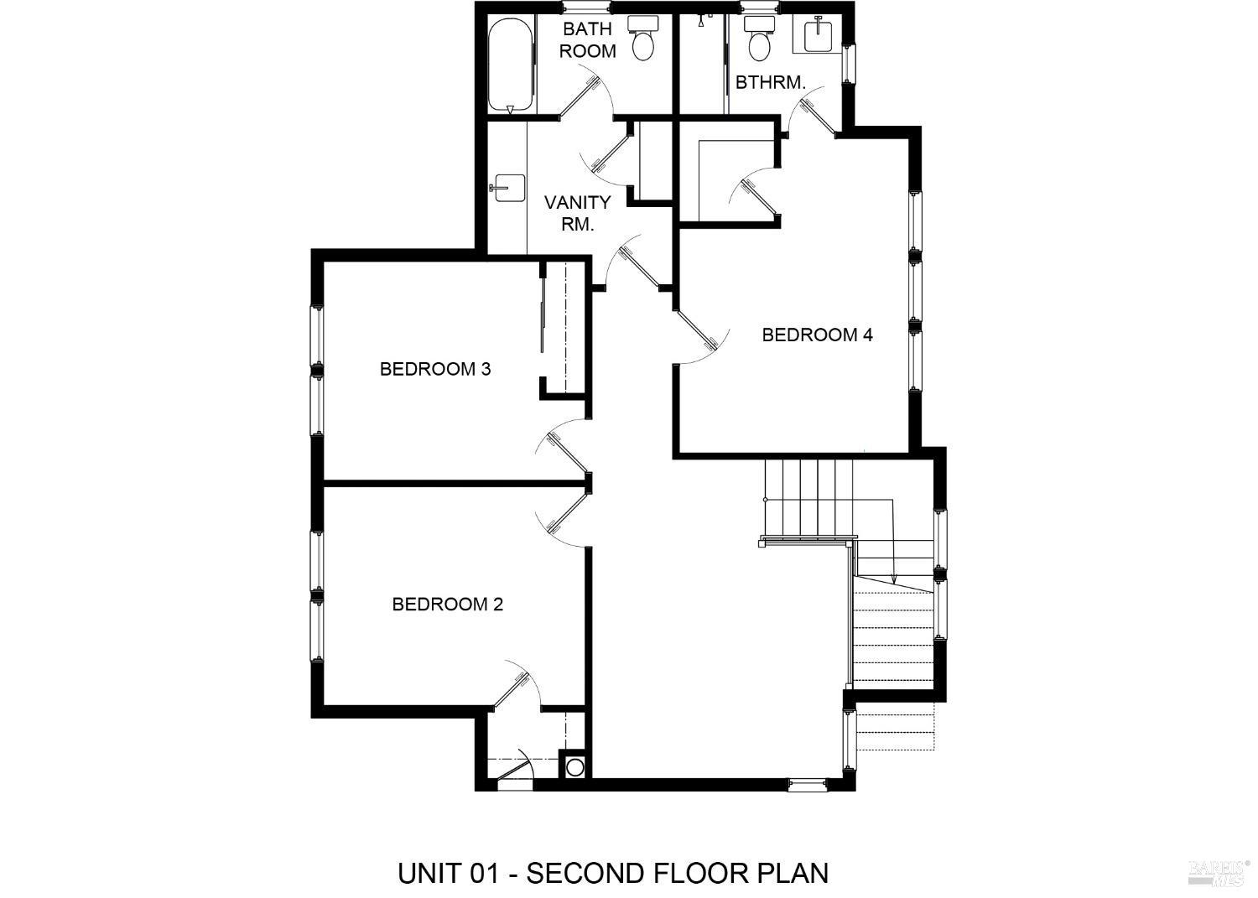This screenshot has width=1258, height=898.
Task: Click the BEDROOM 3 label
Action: (x=434, y=369)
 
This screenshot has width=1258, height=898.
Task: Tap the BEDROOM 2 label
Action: (x=447, y=605)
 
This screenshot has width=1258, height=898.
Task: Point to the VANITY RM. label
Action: (x=577, y=213)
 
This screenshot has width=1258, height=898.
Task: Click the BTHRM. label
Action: (x=770, y=82)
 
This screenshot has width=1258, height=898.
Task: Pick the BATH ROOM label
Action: (x=587, y=39)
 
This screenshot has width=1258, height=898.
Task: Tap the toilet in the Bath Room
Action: (x=643, y=39)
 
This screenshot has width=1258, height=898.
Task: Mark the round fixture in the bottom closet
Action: (x=575, y=766)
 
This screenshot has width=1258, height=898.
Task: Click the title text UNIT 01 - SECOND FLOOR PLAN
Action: (x=613, y=873)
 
